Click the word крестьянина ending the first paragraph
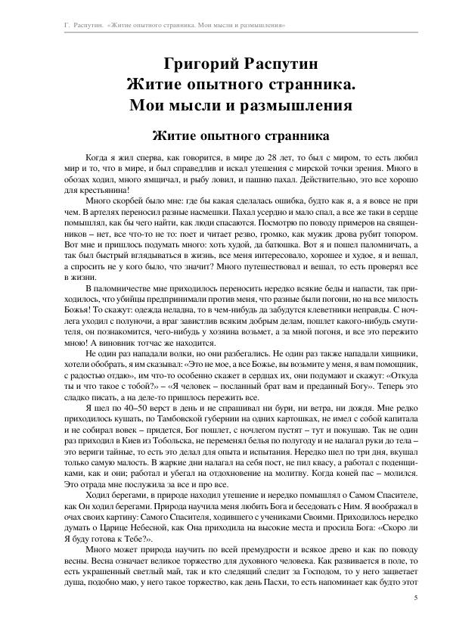click(104, 191)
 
